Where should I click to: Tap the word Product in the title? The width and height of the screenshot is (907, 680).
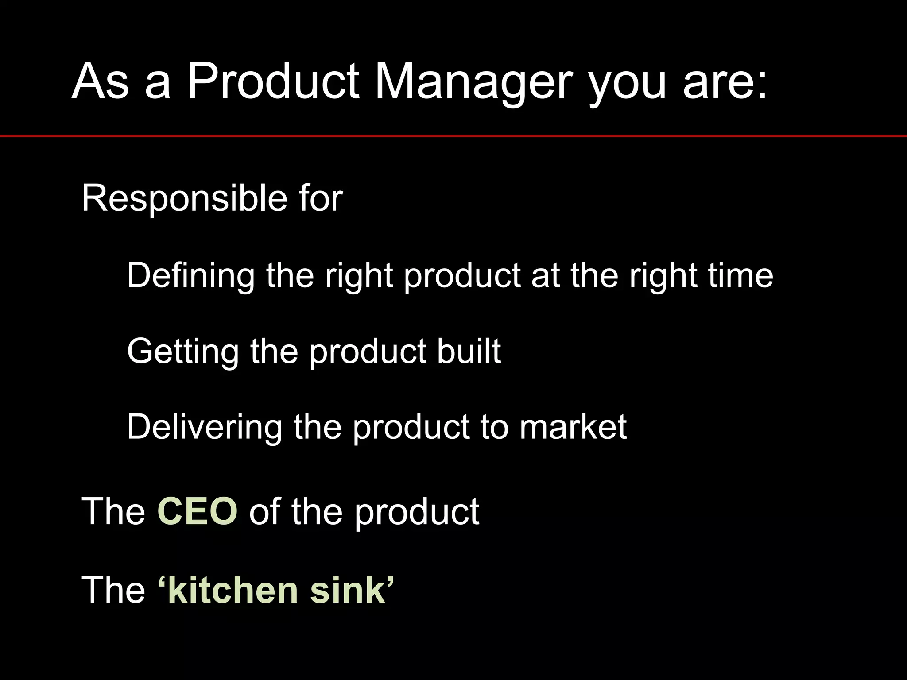(x=272, y=82)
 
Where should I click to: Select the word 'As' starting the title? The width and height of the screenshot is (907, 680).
(x=101, y=82)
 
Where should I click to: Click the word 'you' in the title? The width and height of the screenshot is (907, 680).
(x=627, y=86)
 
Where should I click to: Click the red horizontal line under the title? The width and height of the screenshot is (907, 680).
(x=453, y=136)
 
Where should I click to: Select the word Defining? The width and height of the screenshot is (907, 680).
(x=190, y=275)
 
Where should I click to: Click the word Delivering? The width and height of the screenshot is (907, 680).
(x=204, y=427)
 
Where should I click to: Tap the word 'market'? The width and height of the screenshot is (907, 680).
(x=573, y=427)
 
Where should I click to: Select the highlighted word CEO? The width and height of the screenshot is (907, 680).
(x=198, y=512)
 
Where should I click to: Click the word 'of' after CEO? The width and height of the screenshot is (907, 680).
(x=264, y=512)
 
